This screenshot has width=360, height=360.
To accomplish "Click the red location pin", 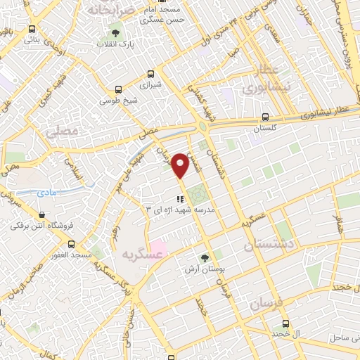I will (180, 165).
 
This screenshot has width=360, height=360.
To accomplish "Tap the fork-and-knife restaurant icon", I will (179, 199).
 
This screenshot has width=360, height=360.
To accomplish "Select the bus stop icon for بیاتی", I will (32, 30).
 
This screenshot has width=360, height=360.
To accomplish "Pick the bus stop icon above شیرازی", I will (150, 74).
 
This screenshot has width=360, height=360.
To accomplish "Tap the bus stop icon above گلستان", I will (264, 117).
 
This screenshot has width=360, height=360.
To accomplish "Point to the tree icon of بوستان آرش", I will (205, 258).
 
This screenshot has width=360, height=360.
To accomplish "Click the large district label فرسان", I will (266, 303).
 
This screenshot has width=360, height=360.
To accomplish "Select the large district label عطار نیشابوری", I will (262, 82).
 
